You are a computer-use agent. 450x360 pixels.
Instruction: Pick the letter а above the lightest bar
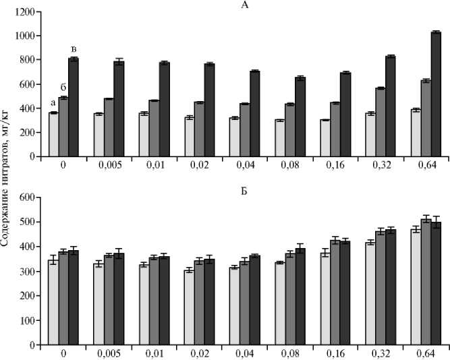[53, 103]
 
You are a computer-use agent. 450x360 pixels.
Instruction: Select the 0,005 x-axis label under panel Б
[109, 354]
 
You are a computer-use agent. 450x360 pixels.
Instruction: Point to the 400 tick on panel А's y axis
[28, 109]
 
